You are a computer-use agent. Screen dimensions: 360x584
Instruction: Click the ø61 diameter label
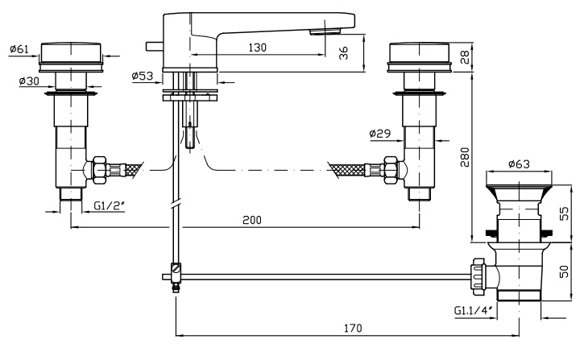click(x=19, y=50)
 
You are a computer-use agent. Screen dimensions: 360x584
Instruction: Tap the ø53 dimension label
click(x=142, y=77)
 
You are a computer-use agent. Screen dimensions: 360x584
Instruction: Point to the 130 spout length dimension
click(x=258, y=48)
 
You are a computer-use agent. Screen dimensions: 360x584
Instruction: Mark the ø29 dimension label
click(x=379, y=133)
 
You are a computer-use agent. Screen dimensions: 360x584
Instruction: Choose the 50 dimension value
click(x=565, y=272)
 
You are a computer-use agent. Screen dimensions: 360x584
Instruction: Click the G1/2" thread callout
click(x=107, y=206)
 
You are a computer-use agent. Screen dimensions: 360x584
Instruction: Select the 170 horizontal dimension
click(x=351, y=329)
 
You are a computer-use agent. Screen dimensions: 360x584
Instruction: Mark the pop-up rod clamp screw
click(x=176, y=269)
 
